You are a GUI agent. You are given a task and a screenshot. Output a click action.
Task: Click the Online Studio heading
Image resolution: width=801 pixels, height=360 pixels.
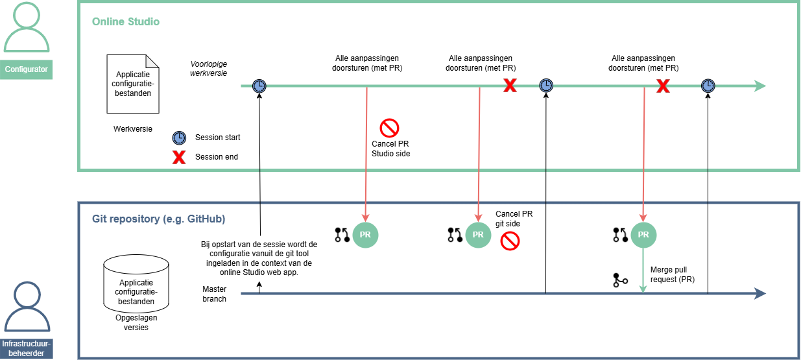[x=126, y=22]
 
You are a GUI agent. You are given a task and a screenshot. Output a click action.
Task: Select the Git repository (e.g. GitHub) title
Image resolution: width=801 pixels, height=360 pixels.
[x=158, y=219]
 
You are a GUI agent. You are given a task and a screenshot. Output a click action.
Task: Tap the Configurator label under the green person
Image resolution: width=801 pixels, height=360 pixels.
[x=27, y=69]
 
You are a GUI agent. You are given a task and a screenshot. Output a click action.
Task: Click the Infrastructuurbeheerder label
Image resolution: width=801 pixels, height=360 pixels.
[x=27, y=348]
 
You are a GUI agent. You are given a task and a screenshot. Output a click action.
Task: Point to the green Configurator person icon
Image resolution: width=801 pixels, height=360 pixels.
[x=27, y=29]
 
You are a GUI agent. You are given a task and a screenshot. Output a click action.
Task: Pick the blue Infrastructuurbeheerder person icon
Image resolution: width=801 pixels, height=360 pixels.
[x=27, y=307]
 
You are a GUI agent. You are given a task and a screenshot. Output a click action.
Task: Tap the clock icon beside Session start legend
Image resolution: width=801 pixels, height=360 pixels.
[x=178, y=138]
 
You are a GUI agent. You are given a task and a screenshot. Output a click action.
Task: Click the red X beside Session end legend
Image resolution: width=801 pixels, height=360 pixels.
[x=178, y=156]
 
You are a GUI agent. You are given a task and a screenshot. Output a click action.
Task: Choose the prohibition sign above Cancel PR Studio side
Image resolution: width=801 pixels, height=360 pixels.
[x=389, y=127]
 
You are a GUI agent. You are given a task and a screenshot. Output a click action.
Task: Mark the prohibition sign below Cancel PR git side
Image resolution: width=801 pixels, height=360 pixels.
[x=510, y=242]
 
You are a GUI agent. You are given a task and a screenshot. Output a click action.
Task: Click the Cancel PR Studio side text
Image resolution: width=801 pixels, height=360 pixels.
[x=390, y=149]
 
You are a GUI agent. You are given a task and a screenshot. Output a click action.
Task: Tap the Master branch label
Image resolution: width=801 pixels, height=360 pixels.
[x=215, y=294]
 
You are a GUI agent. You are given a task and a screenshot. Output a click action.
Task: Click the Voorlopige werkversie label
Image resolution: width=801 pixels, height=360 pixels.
[x=208, y=69]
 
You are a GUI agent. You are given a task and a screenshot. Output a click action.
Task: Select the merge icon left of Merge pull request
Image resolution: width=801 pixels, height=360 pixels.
[x=620, y=280]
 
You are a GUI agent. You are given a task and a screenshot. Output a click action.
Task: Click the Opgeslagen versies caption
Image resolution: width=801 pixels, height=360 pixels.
[x=136, y=322]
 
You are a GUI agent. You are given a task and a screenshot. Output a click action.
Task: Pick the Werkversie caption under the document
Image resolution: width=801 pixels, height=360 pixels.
[x=133, y=128]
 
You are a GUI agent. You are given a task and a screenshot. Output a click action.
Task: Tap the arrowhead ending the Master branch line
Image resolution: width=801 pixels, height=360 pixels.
[x=760, y=294]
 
